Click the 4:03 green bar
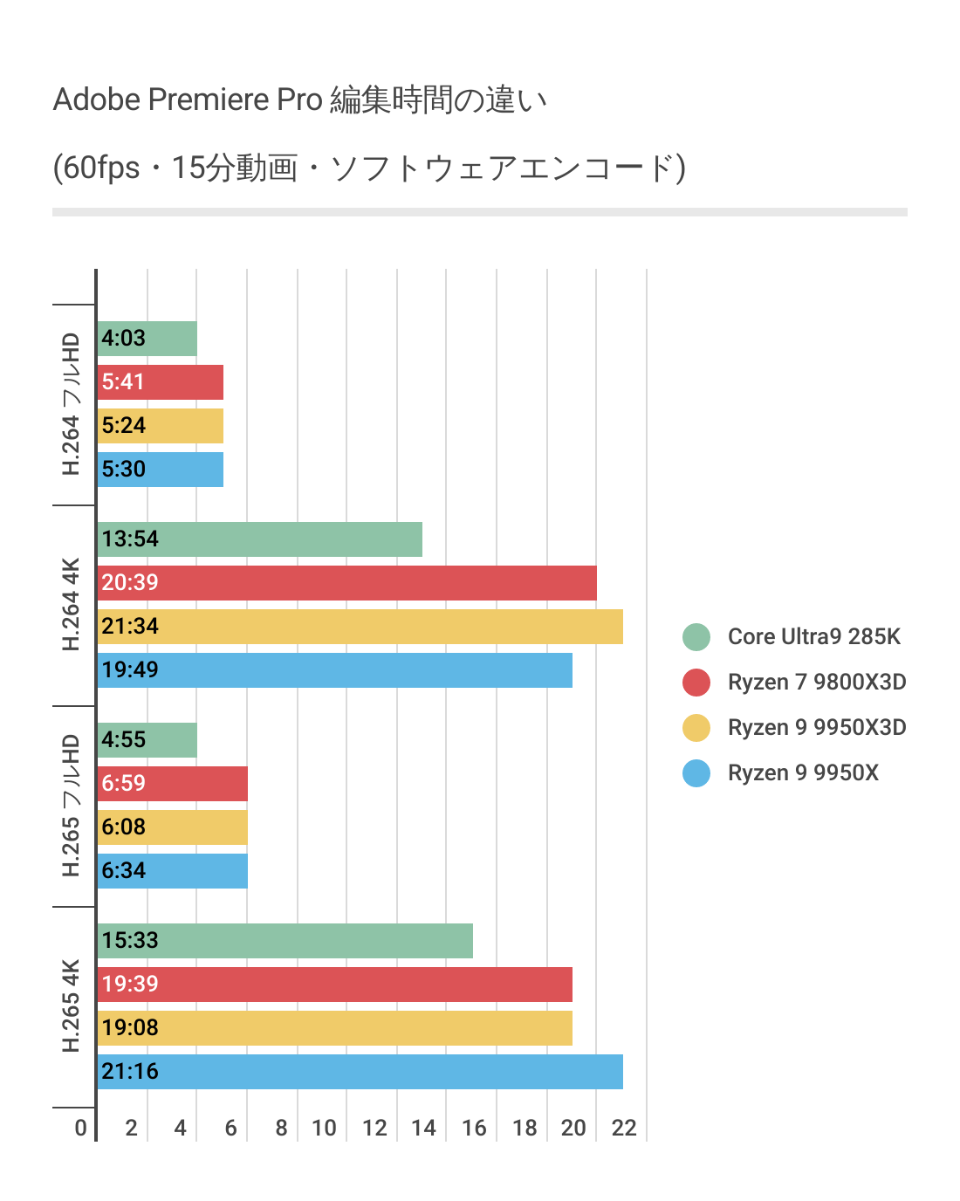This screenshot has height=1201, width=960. [x=147, y=339]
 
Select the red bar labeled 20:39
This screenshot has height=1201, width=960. [x=347, y=583]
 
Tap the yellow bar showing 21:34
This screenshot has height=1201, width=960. [x=360, y=627]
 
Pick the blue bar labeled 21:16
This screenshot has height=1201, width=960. [x=360, y=1072]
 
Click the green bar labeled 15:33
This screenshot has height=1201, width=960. [x=285, y=941]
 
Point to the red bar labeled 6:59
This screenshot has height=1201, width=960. [x=173, y=784]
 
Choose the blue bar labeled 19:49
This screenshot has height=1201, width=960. [x=335, y=670]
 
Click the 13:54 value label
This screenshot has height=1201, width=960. [x=130, y=539]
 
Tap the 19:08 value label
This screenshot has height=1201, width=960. [x=130, y=1028]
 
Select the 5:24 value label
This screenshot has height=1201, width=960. [x=123, y=426]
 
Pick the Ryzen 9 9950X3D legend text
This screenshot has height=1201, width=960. [x=817, y=728]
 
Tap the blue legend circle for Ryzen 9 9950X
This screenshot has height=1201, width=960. [x=696, y=773]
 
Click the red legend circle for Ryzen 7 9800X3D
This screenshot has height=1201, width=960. [x=696, y=683]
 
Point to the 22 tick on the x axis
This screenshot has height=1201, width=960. [x=624, y=1129]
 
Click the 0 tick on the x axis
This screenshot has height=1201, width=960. [x=80, y=1129]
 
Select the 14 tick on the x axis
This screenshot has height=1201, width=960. [x=423, y=1129]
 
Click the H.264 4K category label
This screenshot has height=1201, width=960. [x=72, y=605]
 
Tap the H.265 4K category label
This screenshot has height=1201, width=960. [x=72, y=1006]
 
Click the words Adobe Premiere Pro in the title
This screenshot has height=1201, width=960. [x=188, y=100]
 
